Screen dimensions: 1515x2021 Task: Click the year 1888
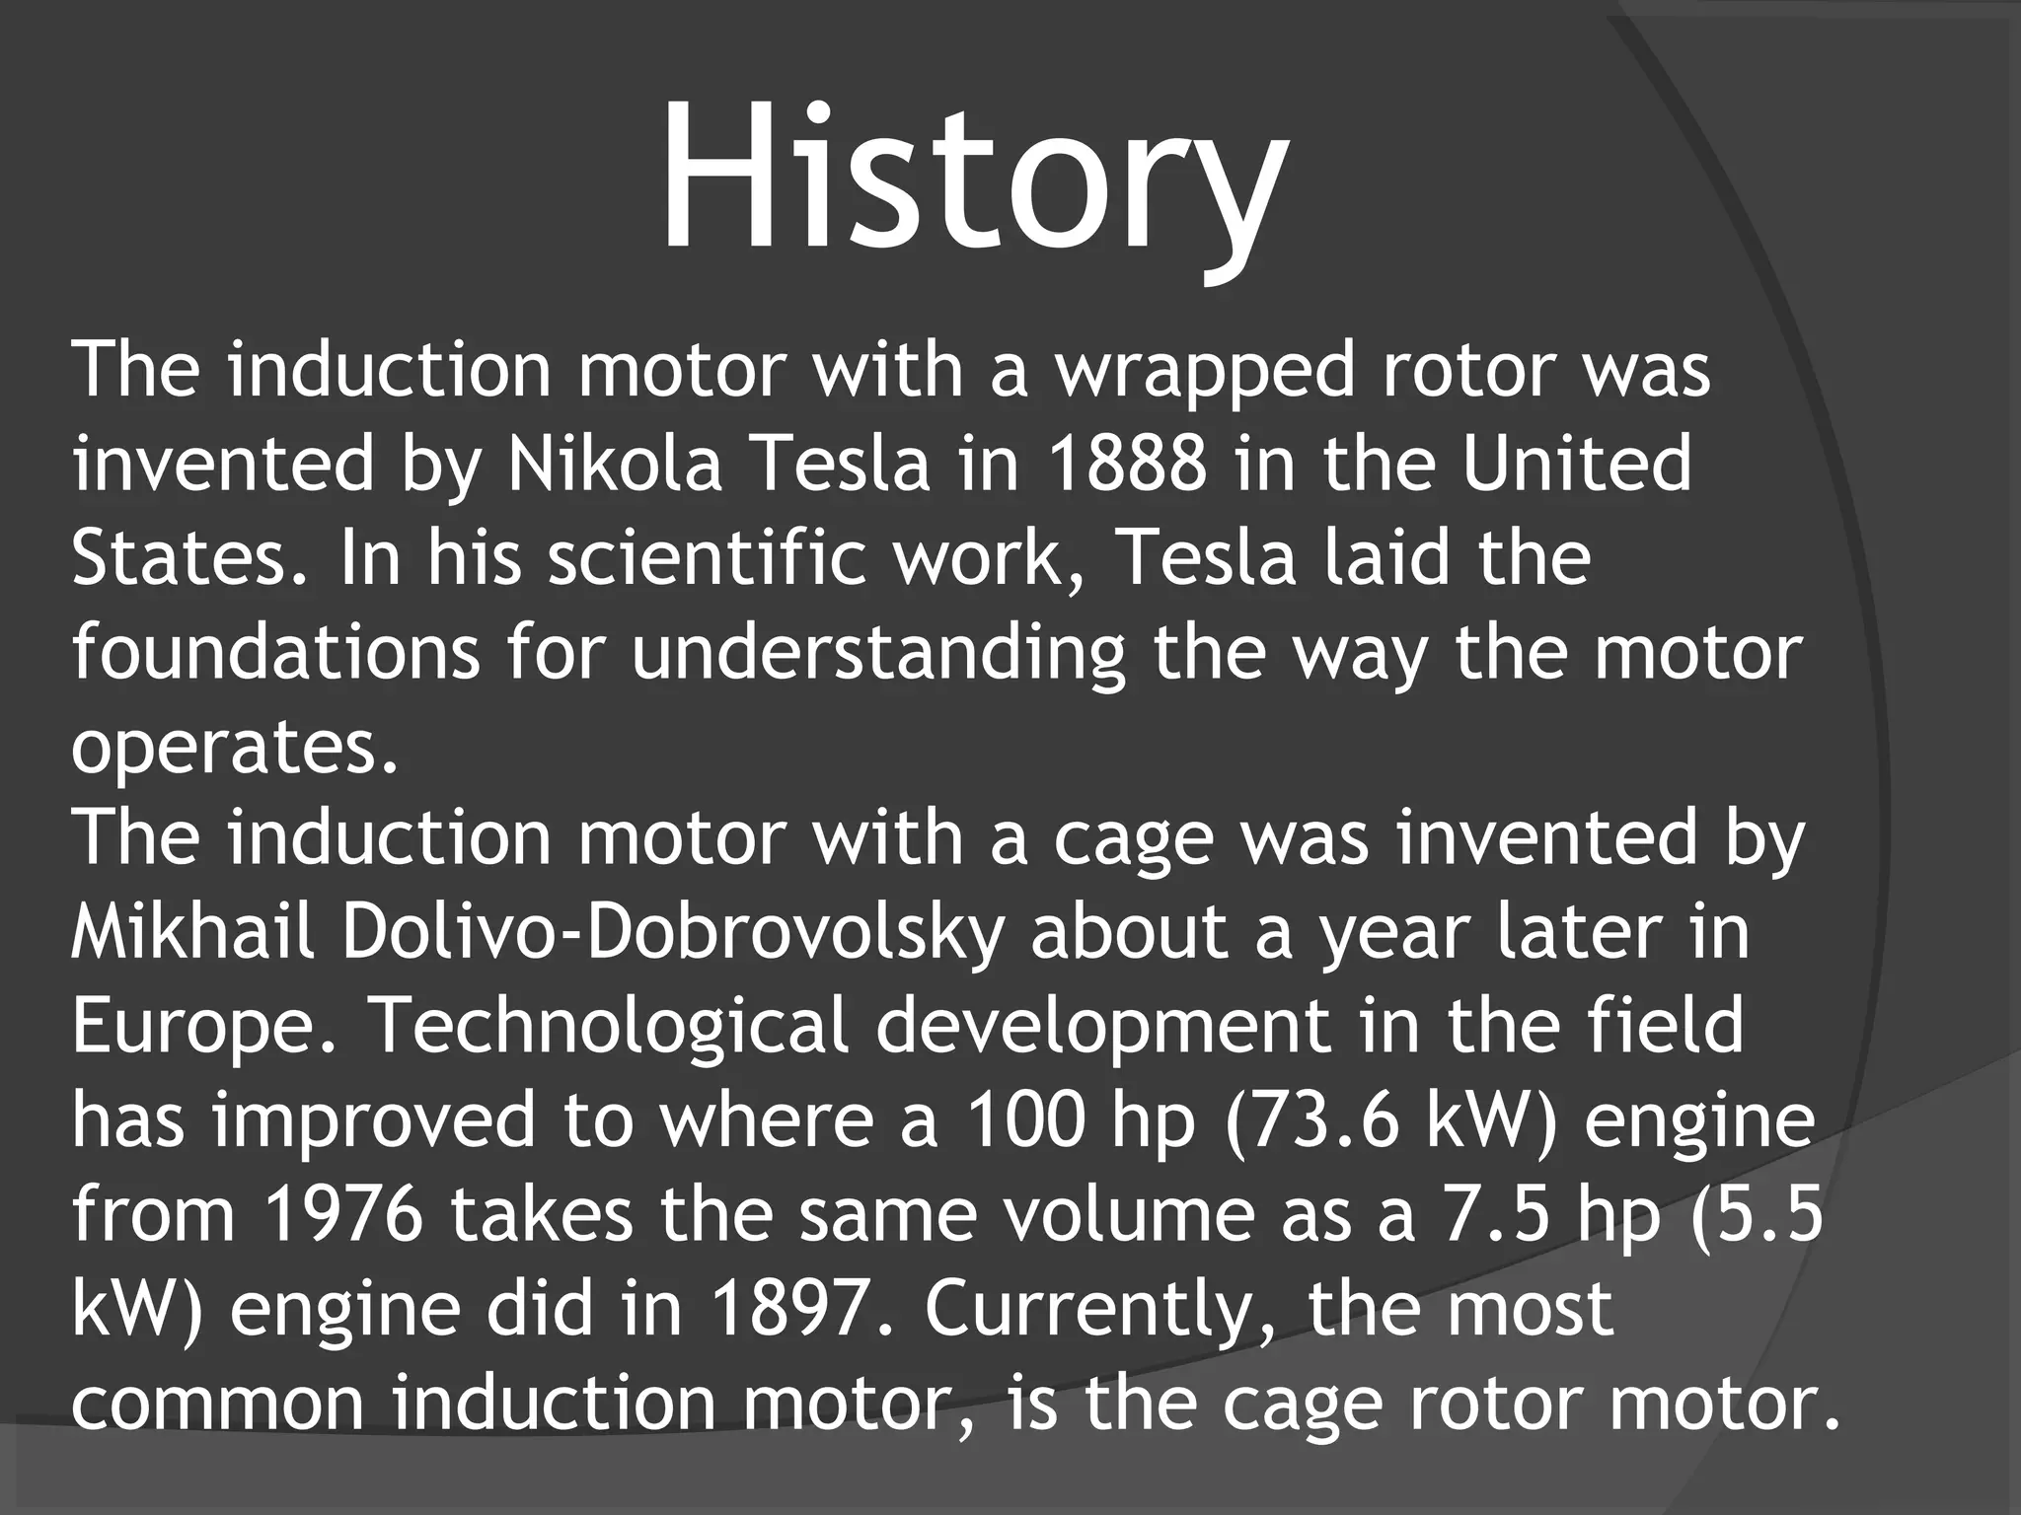pyautogui.click(x=1127, y=465)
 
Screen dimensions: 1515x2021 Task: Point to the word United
pyautogui.click(x=1576, y=465)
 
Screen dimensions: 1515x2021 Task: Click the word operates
pyautogui.click(x=235, y=747)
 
